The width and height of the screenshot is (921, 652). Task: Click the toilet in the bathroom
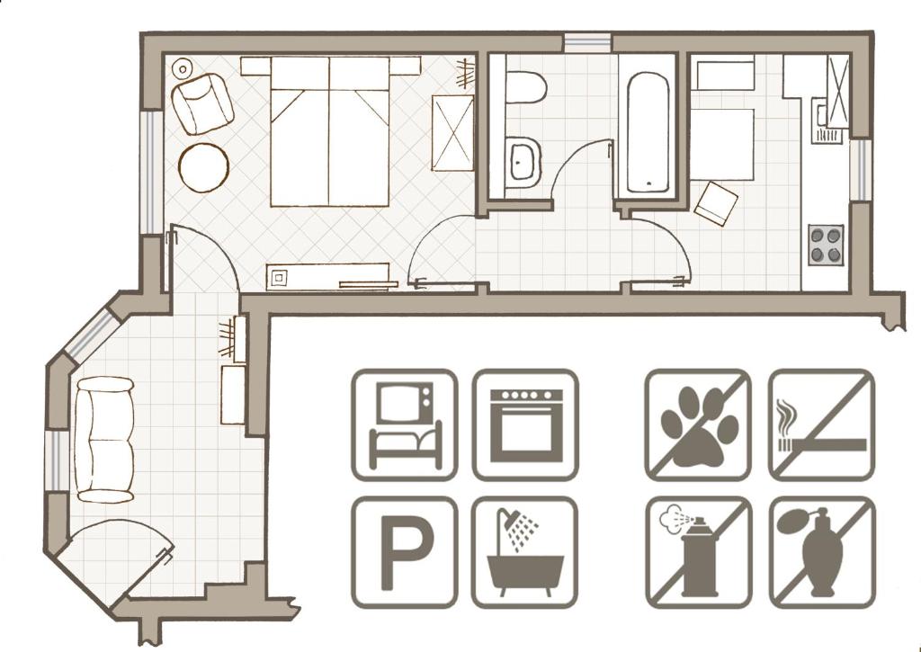tap(524, 87)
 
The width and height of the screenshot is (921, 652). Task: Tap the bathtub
tap(648, 133)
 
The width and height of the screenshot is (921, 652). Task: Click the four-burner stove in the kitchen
tap(826, 245)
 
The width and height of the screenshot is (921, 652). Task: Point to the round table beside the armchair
tap(203, 167)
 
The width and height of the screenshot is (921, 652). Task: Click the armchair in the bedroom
tap(202, 103)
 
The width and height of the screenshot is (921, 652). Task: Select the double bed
tap(329, 131)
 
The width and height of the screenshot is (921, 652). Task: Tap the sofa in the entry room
tap(104, 440)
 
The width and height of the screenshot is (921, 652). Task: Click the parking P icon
tap(405, 552)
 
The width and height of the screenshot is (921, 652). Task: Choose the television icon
tap(405, 424)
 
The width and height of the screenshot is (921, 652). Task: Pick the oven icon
tap(525, 424)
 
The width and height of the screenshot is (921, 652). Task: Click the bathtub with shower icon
tap(525, 552)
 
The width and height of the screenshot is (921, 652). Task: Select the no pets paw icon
tap(698, 424)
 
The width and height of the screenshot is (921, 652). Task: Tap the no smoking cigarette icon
tap(822, 424)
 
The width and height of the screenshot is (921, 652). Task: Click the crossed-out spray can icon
tap(698, 552)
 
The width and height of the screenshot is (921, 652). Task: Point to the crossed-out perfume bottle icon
tap(822, 552)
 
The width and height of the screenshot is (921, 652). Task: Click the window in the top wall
tap(588, 43)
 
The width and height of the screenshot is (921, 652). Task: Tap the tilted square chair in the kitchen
tap(716, 202)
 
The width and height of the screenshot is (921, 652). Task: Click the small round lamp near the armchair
tap(183, 68)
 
